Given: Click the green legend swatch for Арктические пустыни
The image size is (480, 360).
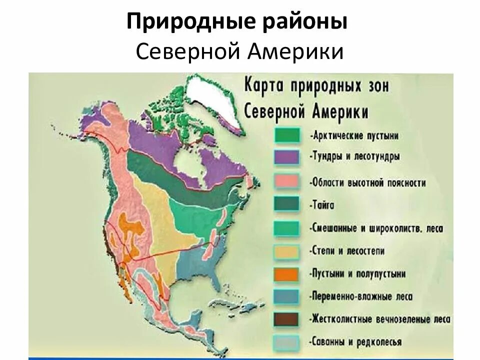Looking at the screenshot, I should coord(286,135).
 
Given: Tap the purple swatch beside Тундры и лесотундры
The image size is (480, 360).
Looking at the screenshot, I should coord(286,157).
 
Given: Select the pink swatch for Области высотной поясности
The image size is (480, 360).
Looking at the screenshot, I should coord(286,181).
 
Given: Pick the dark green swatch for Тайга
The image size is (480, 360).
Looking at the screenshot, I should coord(286,204).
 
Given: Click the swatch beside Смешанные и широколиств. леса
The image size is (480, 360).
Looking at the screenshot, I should coord(286,228).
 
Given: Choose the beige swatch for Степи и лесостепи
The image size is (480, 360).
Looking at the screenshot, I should coord(286,251).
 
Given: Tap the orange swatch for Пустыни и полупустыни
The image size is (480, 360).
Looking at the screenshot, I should coord(286,274).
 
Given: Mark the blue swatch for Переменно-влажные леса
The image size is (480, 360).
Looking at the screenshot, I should coord(286,296).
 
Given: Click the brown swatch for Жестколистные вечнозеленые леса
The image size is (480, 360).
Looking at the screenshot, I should coord(286,319).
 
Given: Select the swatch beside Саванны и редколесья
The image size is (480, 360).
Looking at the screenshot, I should coord(286,342).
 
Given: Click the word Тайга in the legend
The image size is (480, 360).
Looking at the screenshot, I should coord(322,205).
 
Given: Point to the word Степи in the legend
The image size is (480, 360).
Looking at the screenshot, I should coord(325,250).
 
